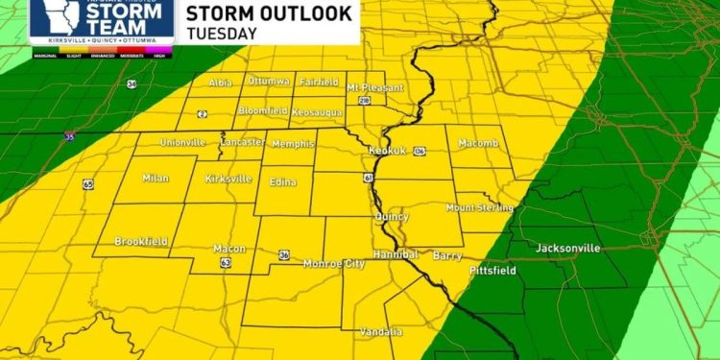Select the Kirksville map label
click(x=228, y=180)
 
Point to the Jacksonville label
click(x=568, y=248)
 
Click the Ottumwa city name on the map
click(x=269, y=81)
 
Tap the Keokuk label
click(x=388, y=151)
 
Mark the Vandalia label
click(x=381, y=331)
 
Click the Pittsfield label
click(x=492, y=271)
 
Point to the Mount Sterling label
click(x=480, y=207)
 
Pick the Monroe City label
click(x=334, y=263)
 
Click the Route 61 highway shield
click(x=369, y=178)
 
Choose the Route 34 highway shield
click(x=132, y=84)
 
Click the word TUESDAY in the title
click(x=222, y=33)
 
